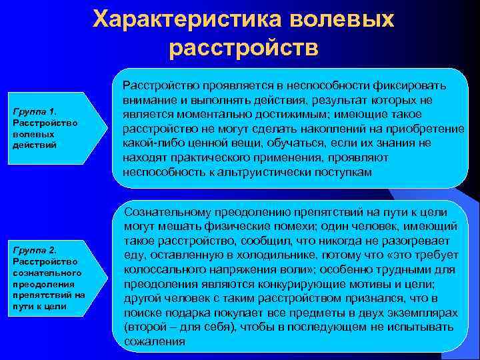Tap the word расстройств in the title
coord(244,49)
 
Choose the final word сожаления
coord(153,342)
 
